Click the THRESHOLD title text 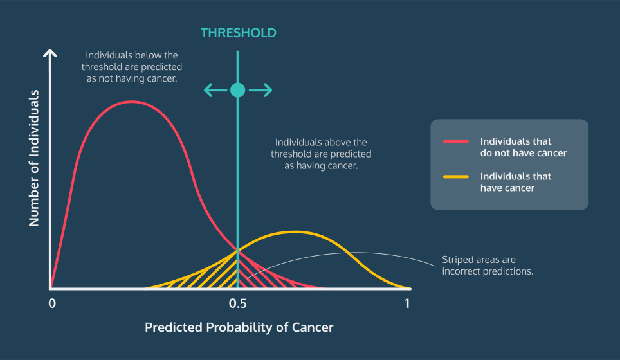coord(238,33)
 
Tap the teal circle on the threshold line coord(237,90)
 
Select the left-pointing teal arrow coord(215,90)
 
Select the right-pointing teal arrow coord(260,90)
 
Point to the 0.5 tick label coord(237,303)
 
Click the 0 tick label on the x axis coord(52,303)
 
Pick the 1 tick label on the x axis coord(407,303)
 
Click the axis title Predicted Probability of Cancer coord(239,327)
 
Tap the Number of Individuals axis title coord(34,158)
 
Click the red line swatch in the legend coord(456,141)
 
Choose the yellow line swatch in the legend coord(456,177)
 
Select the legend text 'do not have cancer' coord(524,153)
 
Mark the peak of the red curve coord(132,102)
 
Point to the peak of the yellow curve coord(295,231)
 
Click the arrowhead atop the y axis coord(50,53)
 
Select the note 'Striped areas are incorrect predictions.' coord(488,265)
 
